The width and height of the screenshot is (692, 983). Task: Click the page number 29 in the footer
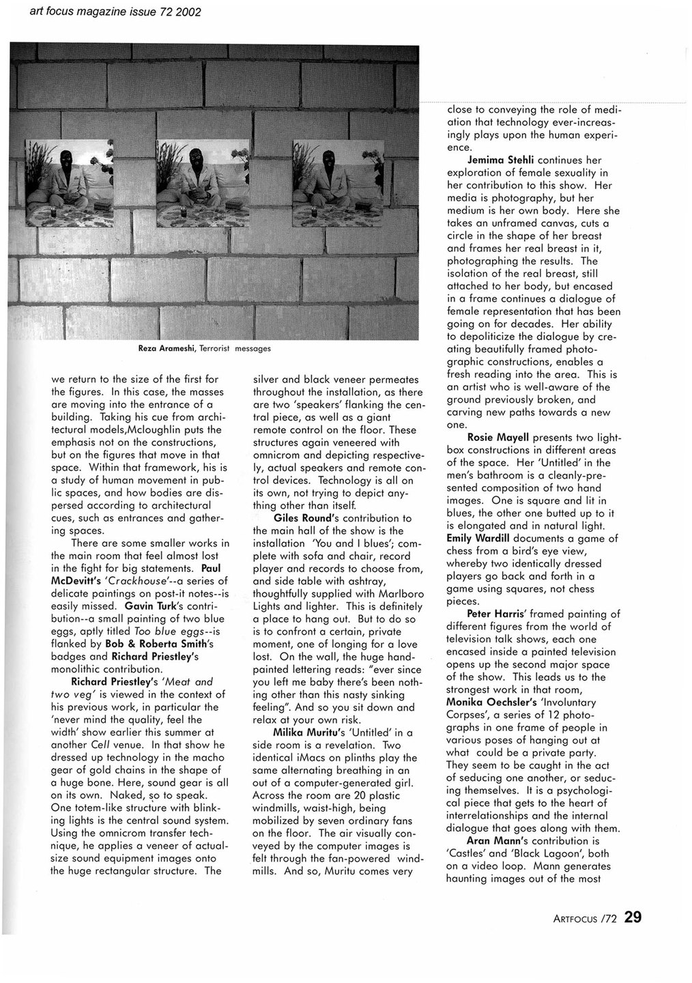click(633, 917)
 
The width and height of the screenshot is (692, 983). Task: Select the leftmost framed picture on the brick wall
click(69, 183)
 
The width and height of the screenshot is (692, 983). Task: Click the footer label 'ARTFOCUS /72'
click(585, 919)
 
